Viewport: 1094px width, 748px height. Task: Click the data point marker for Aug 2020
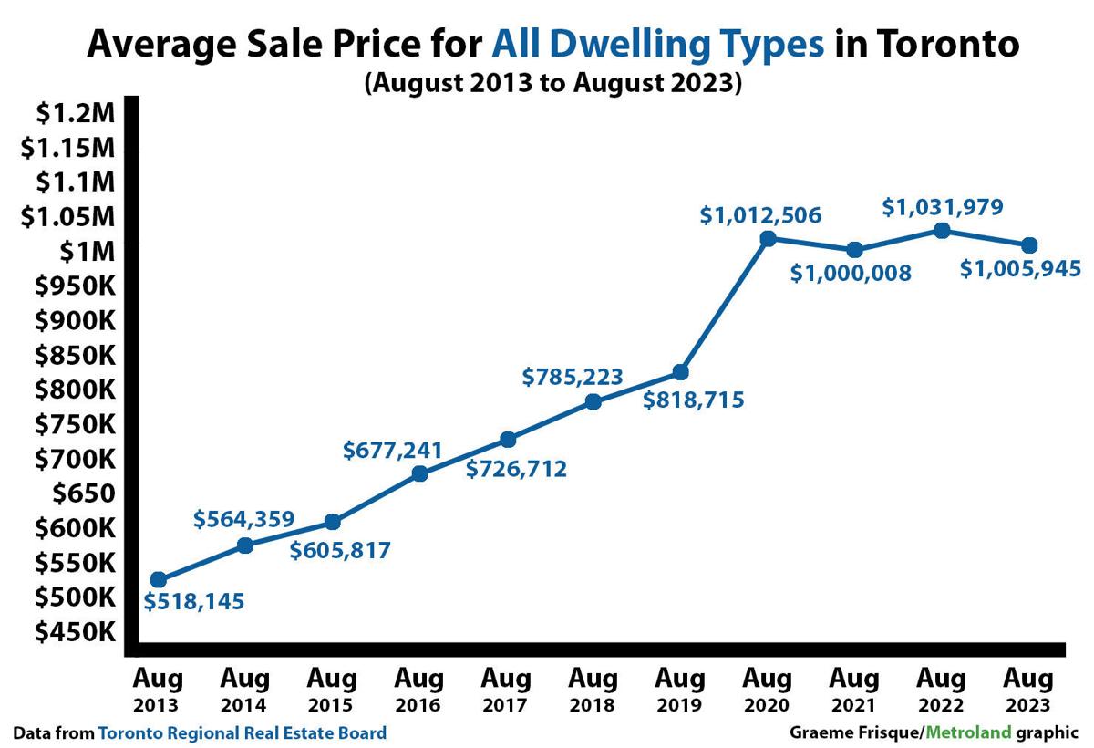pos(768,238)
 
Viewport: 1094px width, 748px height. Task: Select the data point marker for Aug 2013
pos(159,579)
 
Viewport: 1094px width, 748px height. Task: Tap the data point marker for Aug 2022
pos(943,231)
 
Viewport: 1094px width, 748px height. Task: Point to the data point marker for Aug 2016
pos(419,473)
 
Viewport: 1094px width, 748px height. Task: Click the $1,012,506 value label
pos(761,215)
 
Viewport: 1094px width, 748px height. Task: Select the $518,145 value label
pos(194,602)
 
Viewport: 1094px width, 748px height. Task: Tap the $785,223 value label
pos(573,376)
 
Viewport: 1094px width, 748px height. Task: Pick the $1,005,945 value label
pos(1021,268)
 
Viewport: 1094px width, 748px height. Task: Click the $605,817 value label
pos(340,550)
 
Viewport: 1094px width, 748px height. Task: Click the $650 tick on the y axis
pos(77,493)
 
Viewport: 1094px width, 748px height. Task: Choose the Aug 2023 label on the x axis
pos(1028,691)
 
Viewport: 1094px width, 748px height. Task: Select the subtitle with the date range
pos(554,82)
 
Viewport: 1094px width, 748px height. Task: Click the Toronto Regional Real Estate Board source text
pos(242,732)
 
